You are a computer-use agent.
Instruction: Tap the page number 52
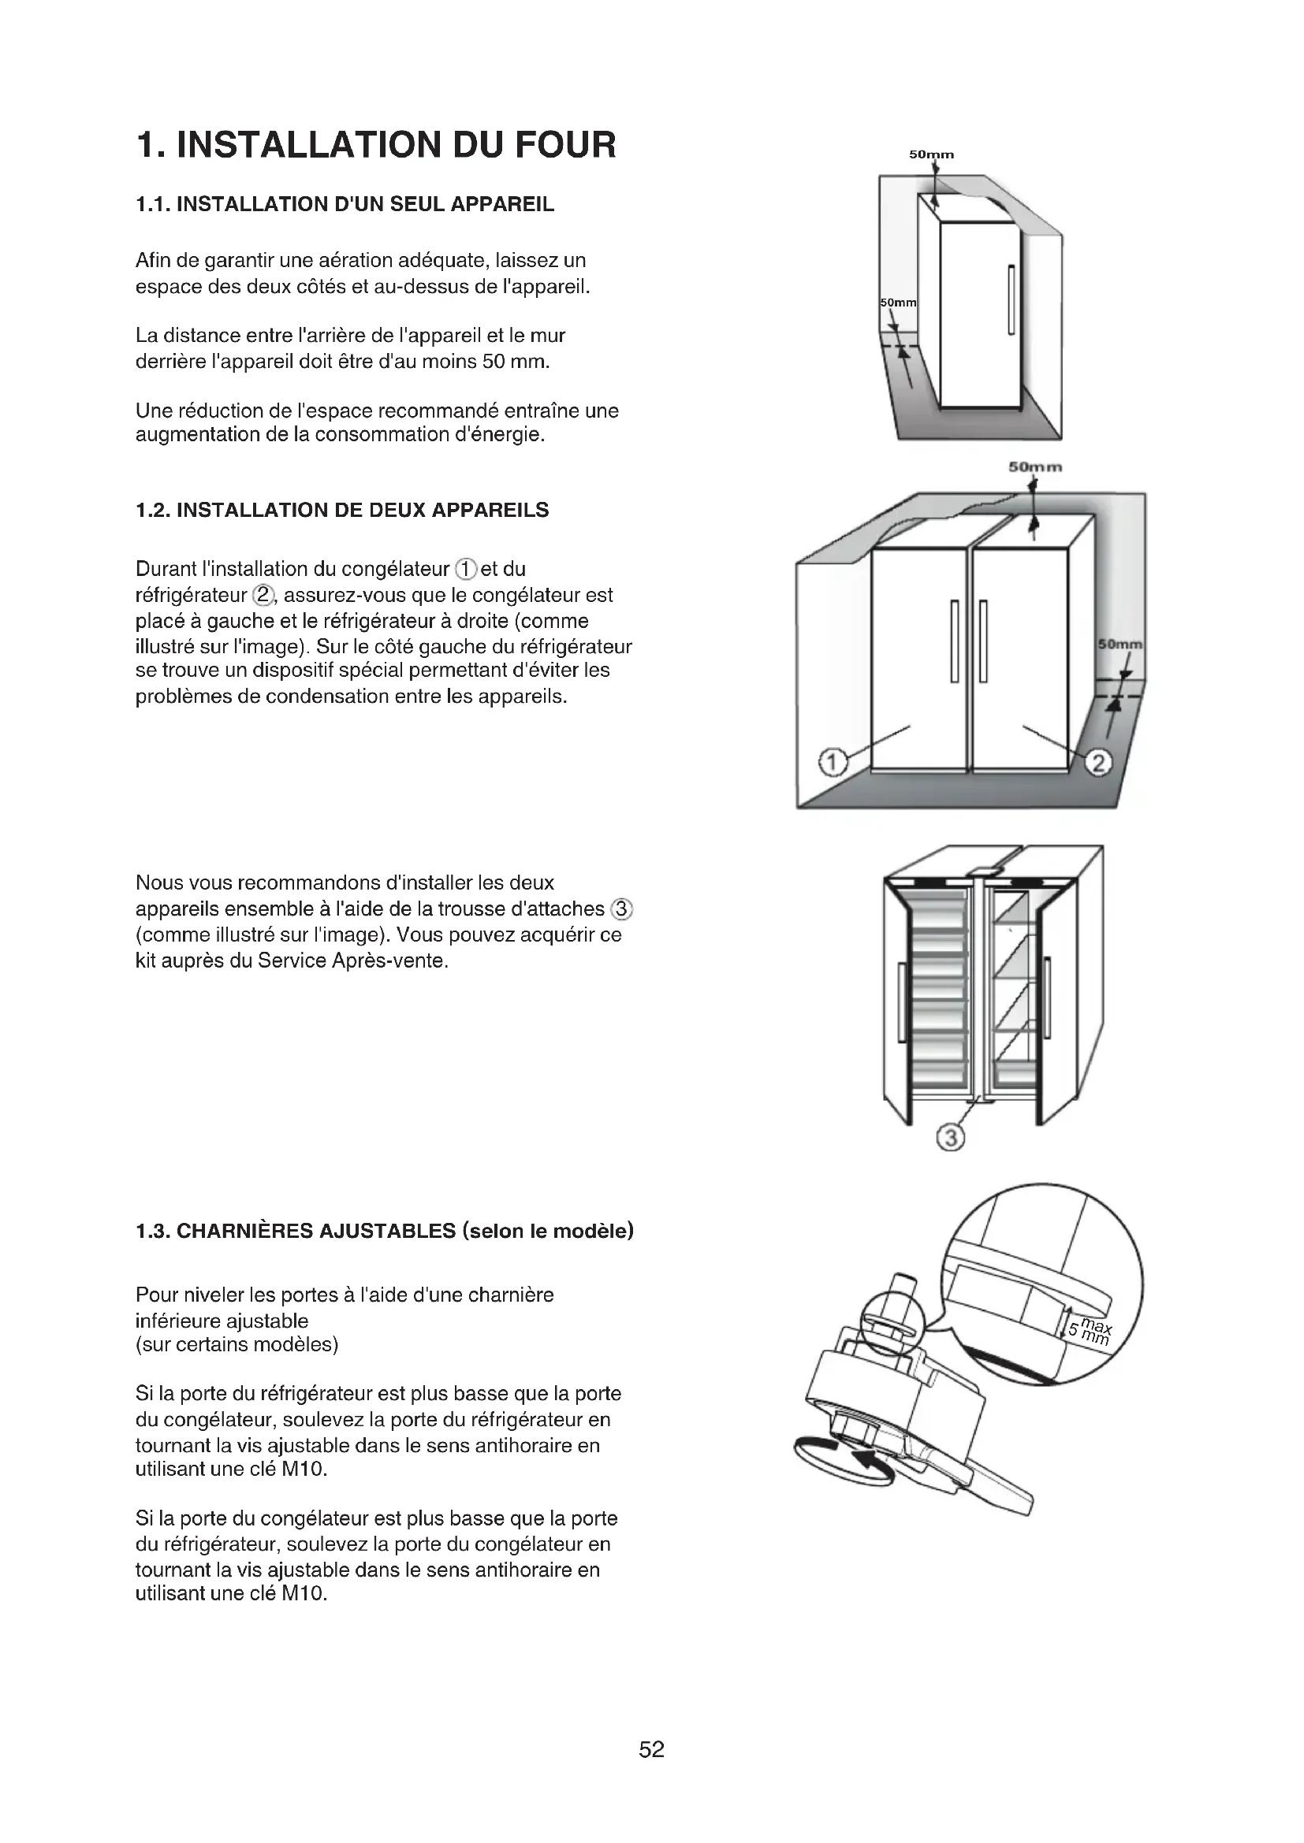point(651,1749)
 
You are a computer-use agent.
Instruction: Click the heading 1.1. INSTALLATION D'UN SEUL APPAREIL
point(345,205)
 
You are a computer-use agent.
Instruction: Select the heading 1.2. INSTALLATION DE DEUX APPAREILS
point(342,511)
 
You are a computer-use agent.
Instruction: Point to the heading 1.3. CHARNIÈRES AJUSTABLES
point(385,1231)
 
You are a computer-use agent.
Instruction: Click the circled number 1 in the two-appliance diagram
point(833,761)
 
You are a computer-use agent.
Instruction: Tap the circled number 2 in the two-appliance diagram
point(1098,762)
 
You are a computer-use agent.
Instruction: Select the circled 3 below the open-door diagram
point(951,1138)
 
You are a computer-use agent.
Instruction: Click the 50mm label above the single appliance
point(931,154)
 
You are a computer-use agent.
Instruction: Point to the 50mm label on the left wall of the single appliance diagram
point(899,303)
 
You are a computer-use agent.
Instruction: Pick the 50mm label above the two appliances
point(1035,466)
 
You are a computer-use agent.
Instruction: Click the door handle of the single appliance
point(1012,299)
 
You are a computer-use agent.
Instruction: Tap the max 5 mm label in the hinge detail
point(1090,1332)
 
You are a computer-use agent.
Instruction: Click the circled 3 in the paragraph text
point(622,908)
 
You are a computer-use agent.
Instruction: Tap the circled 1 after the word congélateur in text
point(466,569)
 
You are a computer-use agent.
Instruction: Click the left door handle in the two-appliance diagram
point(955,641)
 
